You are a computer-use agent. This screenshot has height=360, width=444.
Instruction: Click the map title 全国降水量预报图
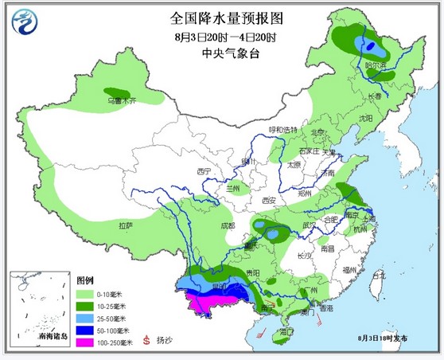[x=226, y=18]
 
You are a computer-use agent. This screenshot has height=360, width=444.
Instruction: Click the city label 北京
[x=317, y=133]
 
